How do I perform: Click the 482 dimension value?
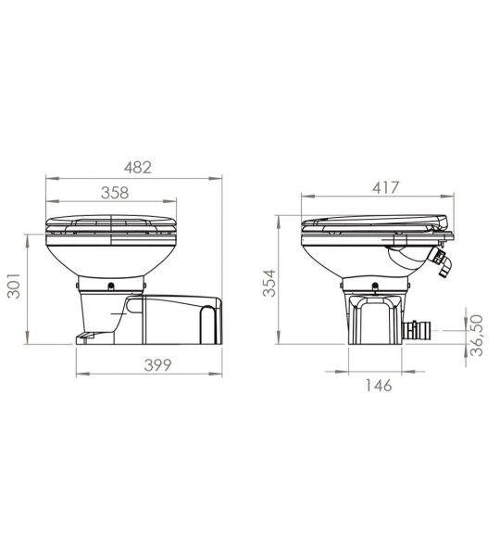point(138,168)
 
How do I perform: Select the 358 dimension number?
point(115,193)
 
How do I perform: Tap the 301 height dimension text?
point(14,286)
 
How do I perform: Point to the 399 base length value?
point(157,365)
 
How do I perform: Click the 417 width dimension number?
point(385,187)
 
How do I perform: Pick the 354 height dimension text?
point(269,283)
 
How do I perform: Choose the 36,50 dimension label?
point(477,336)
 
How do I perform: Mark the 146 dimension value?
point(379,386)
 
